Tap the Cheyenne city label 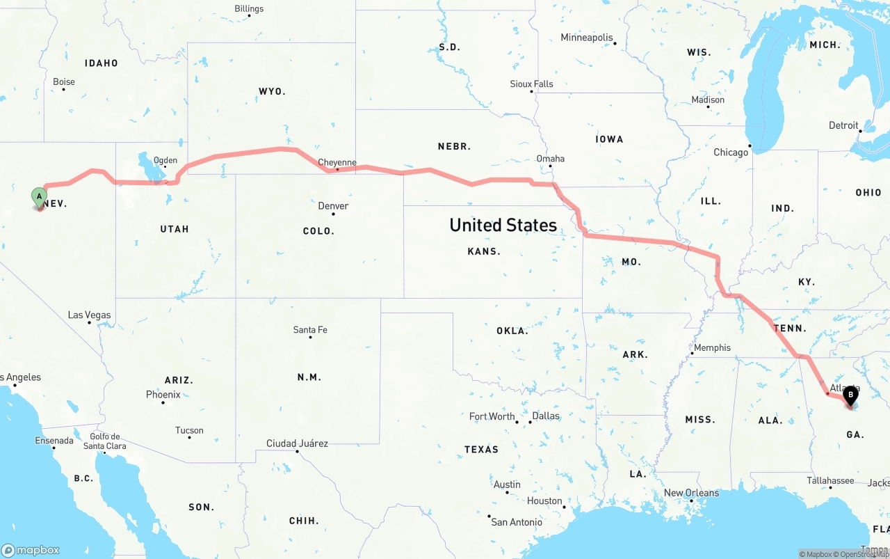tap(337, 163)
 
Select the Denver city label tap(333, 206)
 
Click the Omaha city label tap(550, 159)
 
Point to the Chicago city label tap(731, 152)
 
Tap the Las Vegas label tap(89, 315)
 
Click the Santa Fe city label tap(310, 330)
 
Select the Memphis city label tap(712, 348)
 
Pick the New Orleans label tap(691, 493)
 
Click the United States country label tap(503, 225)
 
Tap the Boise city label tap(64, 82)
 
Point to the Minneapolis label tap(587, 38)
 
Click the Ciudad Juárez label tap(297, 443)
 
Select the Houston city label tap(544, 501)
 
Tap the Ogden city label tap(165, 160)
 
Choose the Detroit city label tap(843, 126)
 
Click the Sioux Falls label tap(532, 84)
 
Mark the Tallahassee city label tap(830, 481)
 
